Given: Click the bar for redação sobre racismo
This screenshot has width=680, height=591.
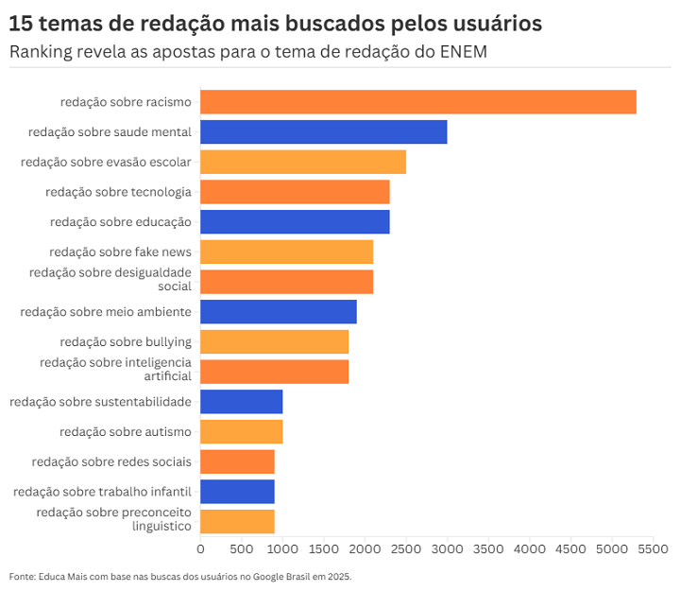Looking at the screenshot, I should pyautogui.click(x=418, y=102).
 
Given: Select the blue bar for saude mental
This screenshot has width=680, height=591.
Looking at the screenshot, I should pyautogui.click(x=323, y=132).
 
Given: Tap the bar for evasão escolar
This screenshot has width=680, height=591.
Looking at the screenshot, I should pyautogui.click(x=303, y=162).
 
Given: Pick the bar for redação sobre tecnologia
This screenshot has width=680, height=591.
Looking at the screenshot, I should pyautogui.click(x=295, y=192).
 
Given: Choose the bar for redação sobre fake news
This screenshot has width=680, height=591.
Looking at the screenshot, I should pyautogui.click(x=286, y=252).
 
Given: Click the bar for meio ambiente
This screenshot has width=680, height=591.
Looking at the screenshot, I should pyautogui.click(x=279, y=312).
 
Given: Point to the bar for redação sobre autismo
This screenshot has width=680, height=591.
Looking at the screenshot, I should pyautogui.click(x=241, y=432).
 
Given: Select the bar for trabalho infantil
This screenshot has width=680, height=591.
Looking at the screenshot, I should pyautogui.click(x=237, y=492).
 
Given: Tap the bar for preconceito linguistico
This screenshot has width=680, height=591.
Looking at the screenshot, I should pyautogui.click(x=237, y=521).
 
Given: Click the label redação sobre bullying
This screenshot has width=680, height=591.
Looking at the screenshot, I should pyautogui.click(x=126, y=341).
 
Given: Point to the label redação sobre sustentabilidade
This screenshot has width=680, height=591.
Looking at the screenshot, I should pyautogui.click(x=101, y=402).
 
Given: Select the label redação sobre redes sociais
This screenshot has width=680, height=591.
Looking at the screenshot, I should pyautogui.click(x=111, y=461).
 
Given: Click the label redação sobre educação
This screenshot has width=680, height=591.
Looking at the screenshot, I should pyautogui.click(x=121, y=222).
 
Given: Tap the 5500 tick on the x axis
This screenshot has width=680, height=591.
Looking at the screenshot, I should pyautogui.click(x=653, y=549).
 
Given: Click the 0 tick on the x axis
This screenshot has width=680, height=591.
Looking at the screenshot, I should pyautogui.click(x=200, y=549).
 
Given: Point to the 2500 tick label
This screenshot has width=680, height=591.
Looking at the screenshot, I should pyautogui.click(x=406, y=549).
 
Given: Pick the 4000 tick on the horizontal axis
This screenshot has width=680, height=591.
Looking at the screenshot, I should pyautogui.click(x=530, y=549).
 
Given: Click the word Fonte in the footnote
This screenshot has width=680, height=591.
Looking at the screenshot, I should pyautogui.click(x=21, y=576).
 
